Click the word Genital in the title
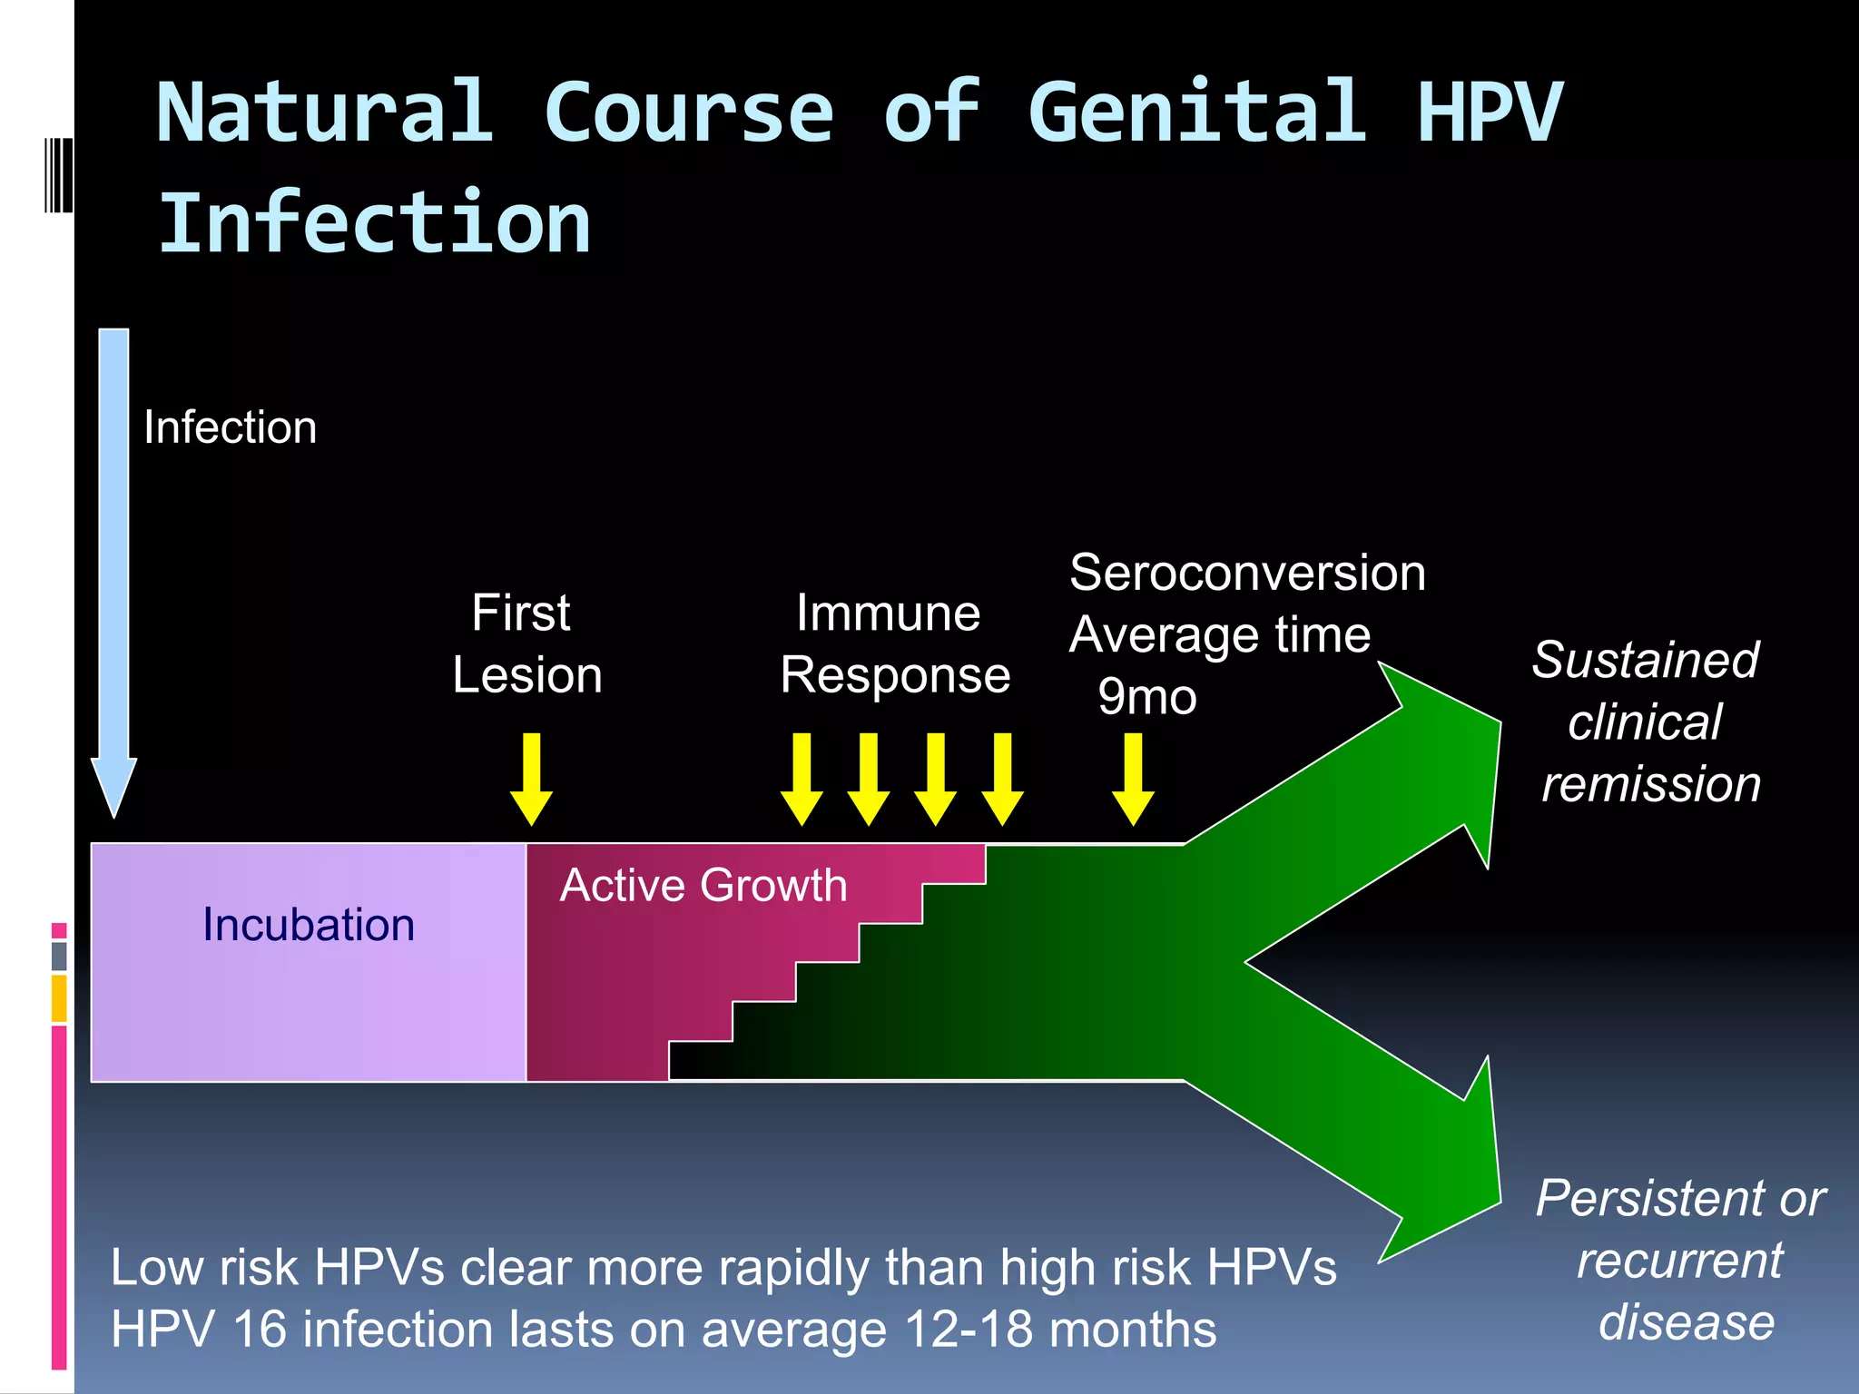pyautogui.click(x=1196, y=113)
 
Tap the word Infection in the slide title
pyautogui.click(x=374, y=223)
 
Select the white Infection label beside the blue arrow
pyautogui.click(x=231, y=427)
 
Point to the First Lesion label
pyautogui.click(x=526, y=643)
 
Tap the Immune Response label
pyautogui.click(x=894, y=643)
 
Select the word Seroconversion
pyautogui.click(x=1247, y=573)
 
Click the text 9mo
pyautogui.click(x=1146, y=697)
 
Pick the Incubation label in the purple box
pyautogui.click(x=308, y=925)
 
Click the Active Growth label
pyautogui.click(x=703, y=885)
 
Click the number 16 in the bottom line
pyautogui.click(x=261, y=1330)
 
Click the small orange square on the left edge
pyautogui.click(x=59, y=998)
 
